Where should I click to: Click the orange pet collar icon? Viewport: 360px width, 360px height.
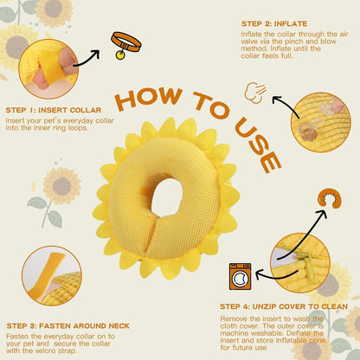(126, 43)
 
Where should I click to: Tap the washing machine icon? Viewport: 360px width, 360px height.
(240, 276)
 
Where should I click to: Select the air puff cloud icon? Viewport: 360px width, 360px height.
(255, 93)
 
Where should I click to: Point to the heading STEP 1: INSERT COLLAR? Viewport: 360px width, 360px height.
(54, 110)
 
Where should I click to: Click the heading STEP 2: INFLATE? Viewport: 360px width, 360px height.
(274, 23)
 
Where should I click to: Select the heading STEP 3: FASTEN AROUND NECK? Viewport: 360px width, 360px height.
(68, 326)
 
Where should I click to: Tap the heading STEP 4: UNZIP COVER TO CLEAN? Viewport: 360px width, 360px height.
(284, 306)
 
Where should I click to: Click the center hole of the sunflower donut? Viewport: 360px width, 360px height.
(167, 197)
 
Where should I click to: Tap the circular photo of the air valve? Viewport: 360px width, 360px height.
(321, 122)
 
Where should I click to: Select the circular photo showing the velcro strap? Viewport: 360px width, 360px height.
(52, 276)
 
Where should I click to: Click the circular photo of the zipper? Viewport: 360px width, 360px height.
(300, 263)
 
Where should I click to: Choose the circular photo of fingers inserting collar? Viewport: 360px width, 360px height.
(48, 69)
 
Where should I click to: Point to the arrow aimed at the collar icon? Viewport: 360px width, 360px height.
(86, 59)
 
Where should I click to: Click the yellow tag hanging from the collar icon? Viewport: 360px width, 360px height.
(120, 55)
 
